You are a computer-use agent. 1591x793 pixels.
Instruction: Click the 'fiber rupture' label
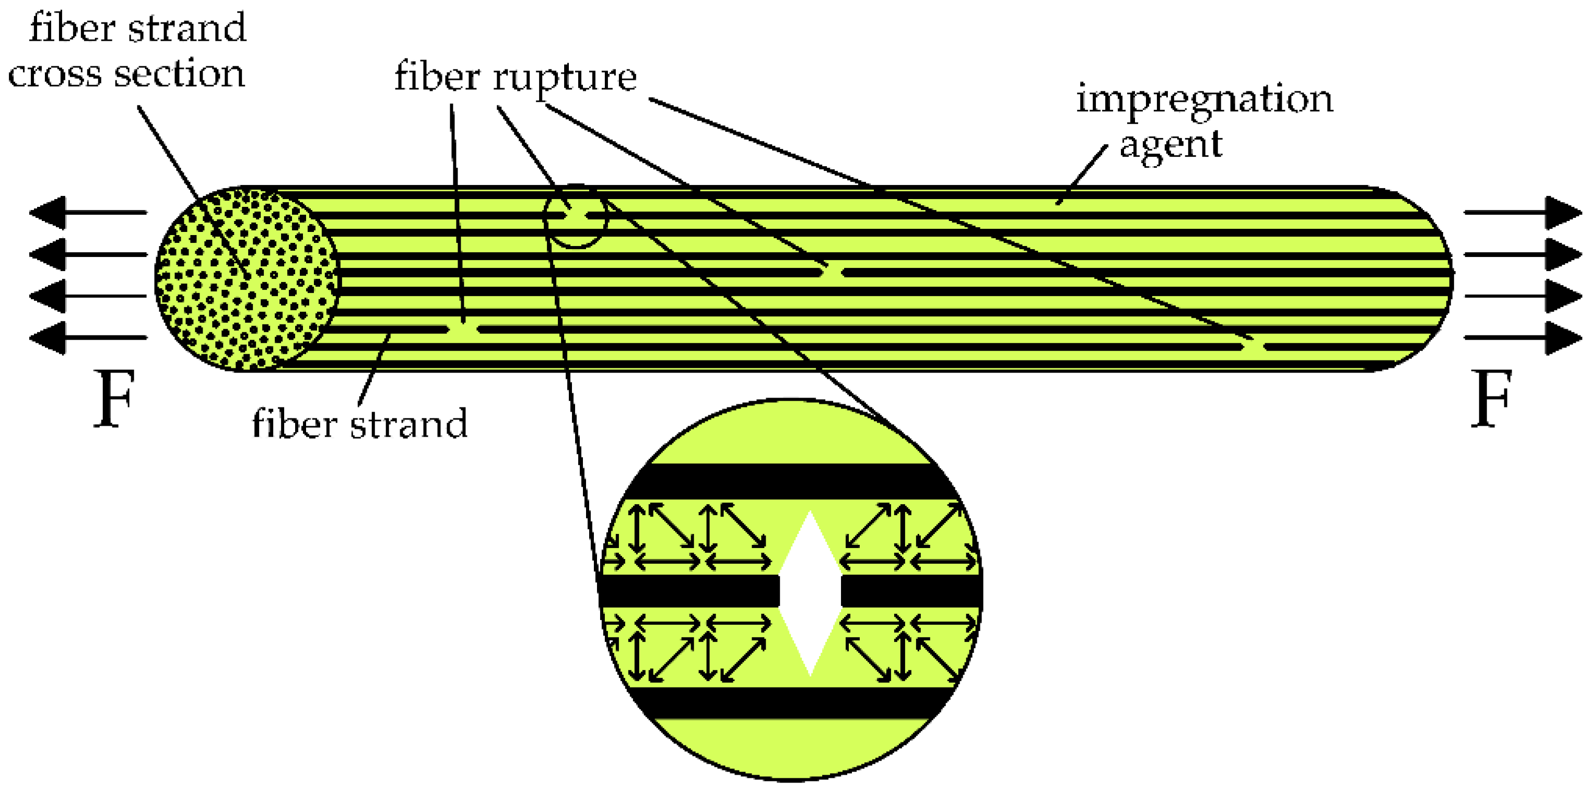coord(515,77)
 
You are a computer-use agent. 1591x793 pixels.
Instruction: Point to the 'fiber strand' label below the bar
coord(359,424)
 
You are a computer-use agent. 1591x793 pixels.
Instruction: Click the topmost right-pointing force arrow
coord(1523,213)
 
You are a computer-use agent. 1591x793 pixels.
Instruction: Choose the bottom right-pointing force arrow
coord(1523,337)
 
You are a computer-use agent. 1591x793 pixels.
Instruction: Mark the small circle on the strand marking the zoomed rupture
coord(576,216)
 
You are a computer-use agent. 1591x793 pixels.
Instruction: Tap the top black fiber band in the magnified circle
coord(791,481)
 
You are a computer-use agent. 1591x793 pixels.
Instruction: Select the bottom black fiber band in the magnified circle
coord(791,702)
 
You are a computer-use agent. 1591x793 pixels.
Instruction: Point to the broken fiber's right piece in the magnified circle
coord(911,591)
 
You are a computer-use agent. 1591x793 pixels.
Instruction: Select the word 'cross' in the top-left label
coord(54,74)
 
